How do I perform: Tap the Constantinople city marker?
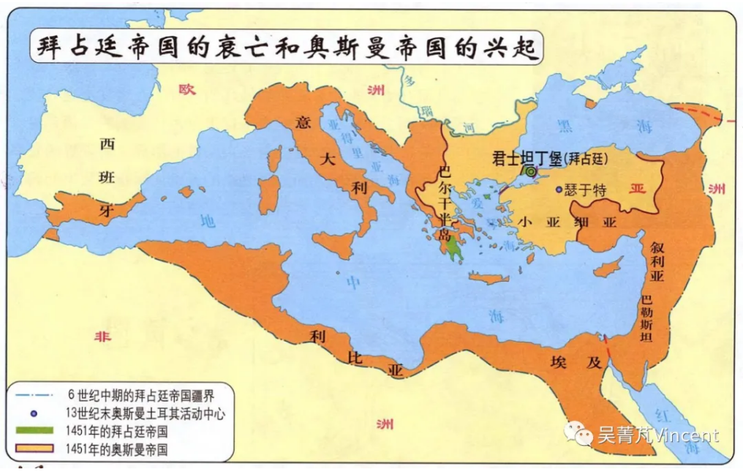[x=529, y=172]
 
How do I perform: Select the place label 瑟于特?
[x=586, y=190]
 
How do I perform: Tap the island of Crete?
[x=488, y=278]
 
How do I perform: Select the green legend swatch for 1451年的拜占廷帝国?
[x=36, y=431]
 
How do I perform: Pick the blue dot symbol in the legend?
[x=34, y=413]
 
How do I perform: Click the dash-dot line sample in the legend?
[x=35, y=396]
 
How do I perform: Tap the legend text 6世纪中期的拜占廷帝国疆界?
[x=140, y=396]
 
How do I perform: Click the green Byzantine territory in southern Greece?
[x=455, y=250]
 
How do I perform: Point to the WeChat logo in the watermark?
[x=583, y=435]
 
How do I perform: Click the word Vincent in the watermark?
[x=687, y=435]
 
